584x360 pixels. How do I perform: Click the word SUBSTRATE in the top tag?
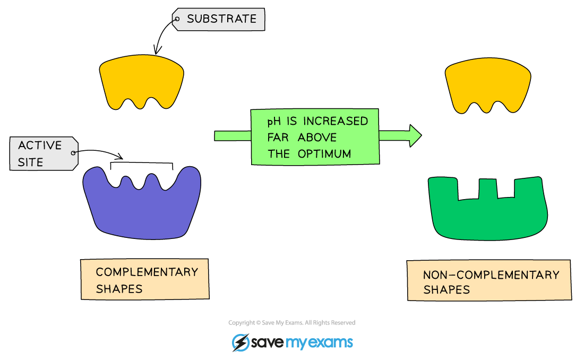point(221,19)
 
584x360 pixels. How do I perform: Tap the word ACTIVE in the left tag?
point(40,145)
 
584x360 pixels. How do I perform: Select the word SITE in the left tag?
point(30,162)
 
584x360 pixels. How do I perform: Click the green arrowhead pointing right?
point(415,136)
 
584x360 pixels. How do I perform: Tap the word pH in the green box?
point(274,121)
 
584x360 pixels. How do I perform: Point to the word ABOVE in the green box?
point(317,138)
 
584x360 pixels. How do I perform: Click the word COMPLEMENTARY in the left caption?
point(147,272)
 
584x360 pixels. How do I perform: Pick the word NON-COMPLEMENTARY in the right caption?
point(491,275)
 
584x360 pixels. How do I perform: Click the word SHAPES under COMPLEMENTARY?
point(119,289)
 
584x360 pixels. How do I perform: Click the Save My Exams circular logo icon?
point(241,342)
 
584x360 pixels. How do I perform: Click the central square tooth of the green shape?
point(487,189)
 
